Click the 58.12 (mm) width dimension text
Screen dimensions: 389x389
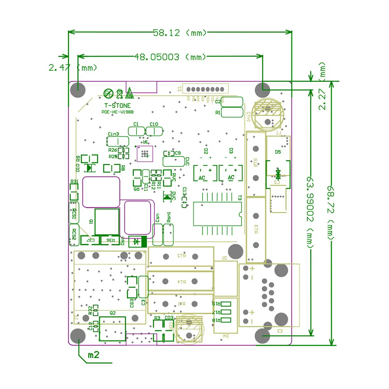pyautogui.click(x=180, y=33)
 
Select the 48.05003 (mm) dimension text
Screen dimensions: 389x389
pyautogui.click(x=170, y=57)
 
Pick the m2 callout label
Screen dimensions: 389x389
pyautogui.click(x=94, y=355)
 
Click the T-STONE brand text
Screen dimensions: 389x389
pyautogui.click(x=117, y=105)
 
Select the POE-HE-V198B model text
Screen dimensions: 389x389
pyautogui.click(x=117, y=112)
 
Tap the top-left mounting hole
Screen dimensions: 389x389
pyautogui.click(x=78, y=90)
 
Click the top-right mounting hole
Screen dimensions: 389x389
pyautogui.click(x=262, y=90)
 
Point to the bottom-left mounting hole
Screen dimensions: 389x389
pyautogui.click(x=78, y=336)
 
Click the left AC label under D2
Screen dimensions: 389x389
pyautogui.click(x=202, y=178)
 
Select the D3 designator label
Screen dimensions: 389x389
pyautogui.click(x=231, y=151)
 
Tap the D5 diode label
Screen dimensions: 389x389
pyautogui.click(x=278, y=152)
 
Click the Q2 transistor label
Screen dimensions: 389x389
pyautogui.click(x=113, y=313)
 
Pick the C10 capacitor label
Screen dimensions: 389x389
pyautogui.click(x=154, y=124)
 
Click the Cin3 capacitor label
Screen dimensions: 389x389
pyautogui.click(x=113, y=133)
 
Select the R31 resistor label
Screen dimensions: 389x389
pyautogui.click(x=74, y=182)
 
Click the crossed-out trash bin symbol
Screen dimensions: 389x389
pyautogui.click(x=119, y=93)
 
